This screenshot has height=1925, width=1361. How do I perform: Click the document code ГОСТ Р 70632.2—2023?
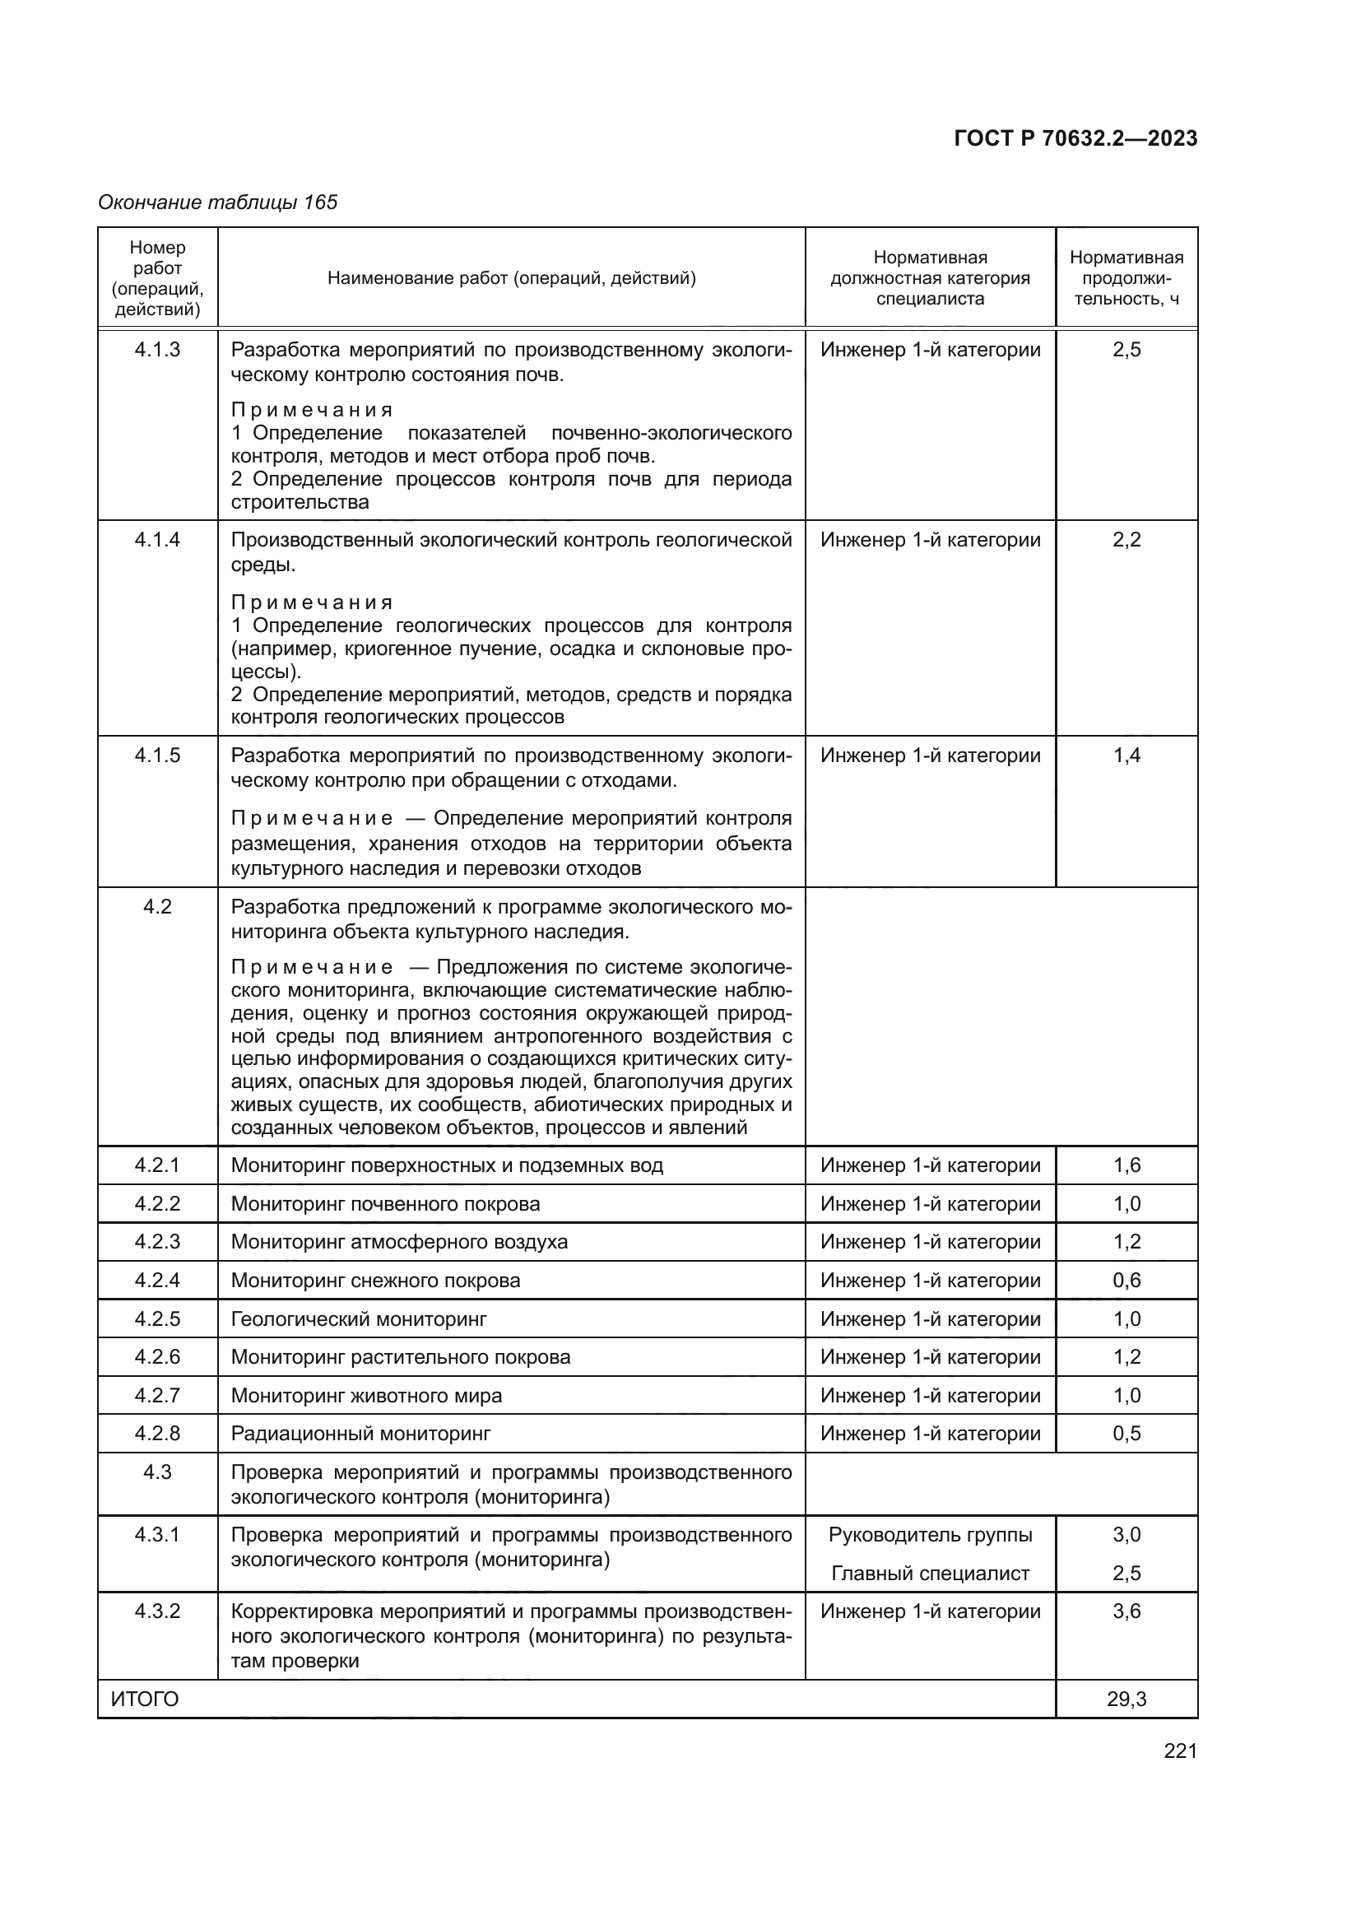click(1075, 139)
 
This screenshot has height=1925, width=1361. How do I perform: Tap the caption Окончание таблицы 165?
click(217, 202)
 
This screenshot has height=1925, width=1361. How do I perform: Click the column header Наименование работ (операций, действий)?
click(511, 278)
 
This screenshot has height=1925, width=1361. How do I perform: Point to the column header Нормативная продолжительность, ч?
click(1126, 278)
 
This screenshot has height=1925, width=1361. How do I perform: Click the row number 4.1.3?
click(157, 350)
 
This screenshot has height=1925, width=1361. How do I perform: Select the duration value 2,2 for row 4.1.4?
click(1126, 540)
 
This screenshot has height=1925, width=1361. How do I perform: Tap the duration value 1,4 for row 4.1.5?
click(1126, 756)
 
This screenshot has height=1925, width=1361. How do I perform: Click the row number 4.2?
click(157, 906)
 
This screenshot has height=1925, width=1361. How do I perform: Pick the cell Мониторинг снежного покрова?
click(375, 1281)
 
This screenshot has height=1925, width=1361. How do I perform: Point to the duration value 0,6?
click(1126, 1281)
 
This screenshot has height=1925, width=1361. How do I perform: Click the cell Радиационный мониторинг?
click(360, 1433)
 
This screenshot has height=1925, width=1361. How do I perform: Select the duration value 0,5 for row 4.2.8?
click(1126, 1433)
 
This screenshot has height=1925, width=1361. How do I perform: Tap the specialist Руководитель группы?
click(931, 1534)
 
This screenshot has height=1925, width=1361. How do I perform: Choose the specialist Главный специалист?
click(931, 1574)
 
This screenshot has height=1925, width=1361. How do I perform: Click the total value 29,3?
click(1126, 1699)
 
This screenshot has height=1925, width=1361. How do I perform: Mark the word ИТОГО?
click(144, 1699)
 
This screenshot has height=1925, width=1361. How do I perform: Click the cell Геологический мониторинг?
click(359, 1318)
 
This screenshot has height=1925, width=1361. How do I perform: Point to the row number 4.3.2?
click(157, 1611)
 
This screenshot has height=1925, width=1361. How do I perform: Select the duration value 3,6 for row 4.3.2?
click(1126, 1611)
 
